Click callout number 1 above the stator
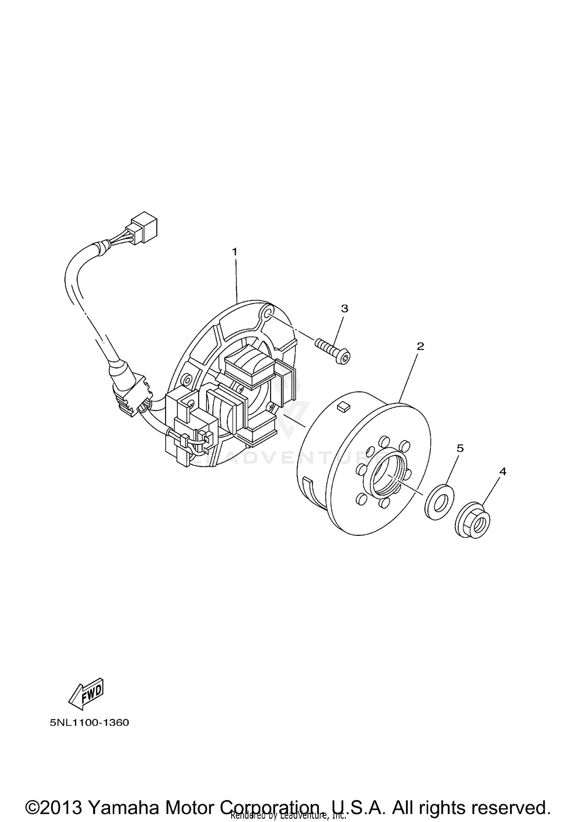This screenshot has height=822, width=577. click(235, 252)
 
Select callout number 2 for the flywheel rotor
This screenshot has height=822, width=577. click(420, 346)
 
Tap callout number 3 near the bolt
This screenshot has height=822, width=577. click(345, 308)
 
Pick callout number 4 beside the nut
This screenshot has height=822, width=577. click(502, 471)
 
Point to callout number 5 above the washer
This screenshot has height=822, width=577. click(460, 448)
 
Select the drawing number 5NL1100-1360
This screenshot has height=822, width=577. click(89, 722)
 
